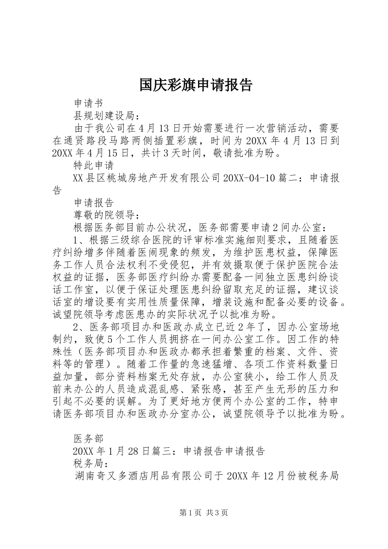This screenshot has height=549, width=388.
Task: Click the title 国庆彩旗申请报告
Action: (196, 85)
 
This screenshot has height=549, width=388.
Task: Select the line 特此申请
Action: (93, 165)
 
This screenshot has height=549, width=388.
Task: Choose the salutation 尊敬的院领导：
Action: (108, 215)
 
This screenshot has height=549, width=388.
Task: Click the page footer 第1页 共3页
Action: (203, 513)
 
